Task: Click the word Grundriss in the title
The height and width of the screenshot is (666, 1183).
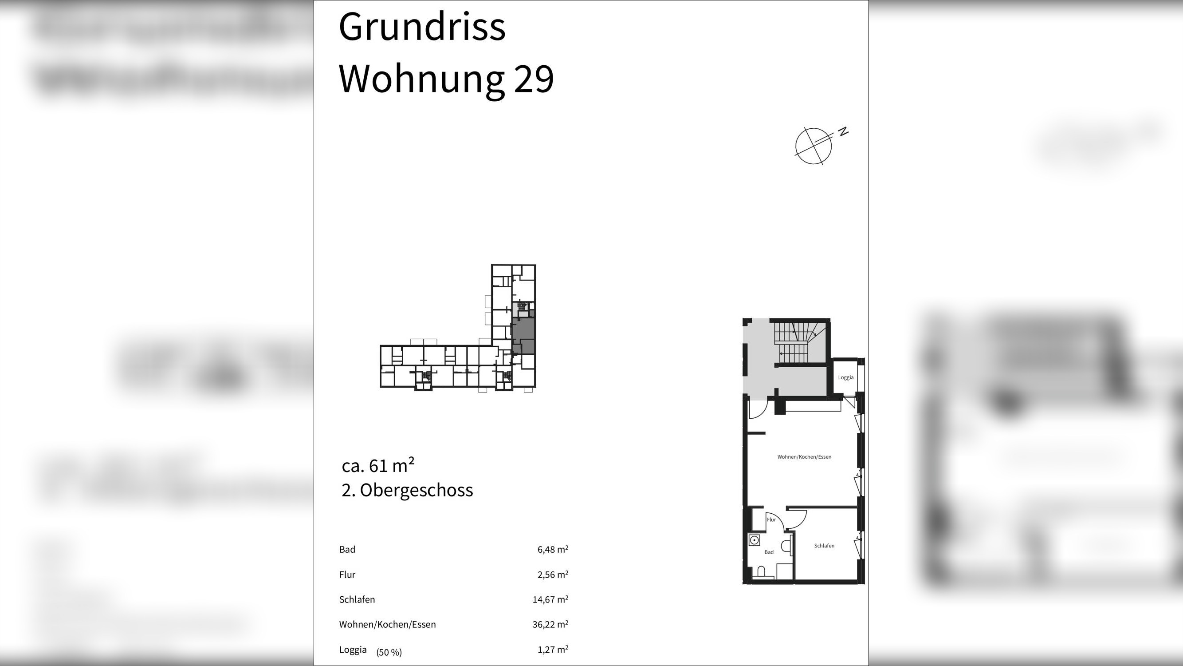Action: tap(421, 27)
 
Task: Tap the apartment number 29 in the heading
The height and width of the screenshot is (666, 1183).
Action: tap(534, 79)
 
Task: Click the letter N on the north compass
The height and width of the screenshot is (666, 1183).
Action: tap(843, 131)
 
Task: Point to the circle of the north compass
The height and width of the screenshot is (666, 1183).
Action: tap(813, 146)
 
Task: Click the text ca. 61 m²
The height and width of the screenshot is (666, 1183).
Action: tap(378, 466)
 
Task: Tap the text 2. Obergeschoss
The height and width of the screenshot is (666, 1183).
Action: tap(407, 490)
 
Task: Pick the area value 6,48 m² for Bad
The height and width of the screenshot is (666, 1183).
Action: tap(552, 549)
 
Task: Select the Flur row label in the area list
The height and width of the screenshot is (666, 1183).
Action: tap(347, 575)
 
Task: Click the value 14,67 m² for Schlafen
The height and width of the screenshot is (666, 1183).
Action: tap(550, 599)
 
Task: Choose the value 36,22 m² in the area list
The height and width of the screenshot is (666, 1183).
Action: tap(550, 624)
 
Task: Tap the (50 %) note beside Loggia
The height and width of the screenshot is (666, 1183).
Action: tap(389, 652)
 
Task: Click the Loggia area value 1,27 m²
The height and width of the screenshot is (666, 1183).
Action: tap(552, 650)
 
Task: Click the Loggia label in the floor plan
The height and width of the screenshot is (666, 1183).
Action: tap(845, 377)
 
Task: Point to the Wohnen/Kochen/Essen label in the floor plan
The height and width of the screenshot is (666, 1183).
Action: tap(804, 457)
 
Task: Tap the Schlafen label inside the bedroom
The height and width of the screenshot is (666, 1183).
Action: tap(824, 546)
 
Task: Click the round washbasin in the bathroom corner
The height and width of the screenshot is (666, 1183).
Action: tap(754, 540)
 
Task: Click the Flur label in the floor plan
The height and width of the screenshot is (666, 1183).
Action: tap(771, 520)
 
